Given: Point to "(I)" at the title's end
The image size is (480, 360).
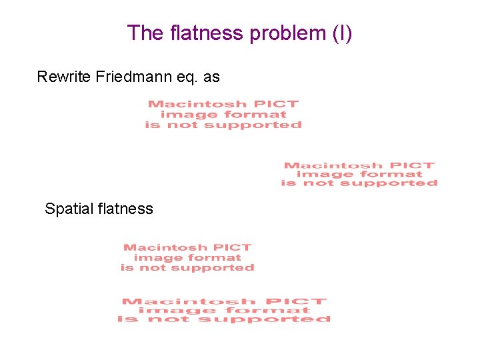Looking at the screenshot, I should pos(341,33).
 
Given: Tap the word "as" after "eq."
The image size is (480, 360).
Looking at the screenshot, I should pos(211,77).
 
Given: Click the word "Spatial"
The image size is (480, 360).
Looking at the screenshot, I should pos(68,209).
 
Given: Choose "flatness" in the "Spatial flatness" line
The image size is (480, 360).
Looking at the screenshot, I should pos(125,209).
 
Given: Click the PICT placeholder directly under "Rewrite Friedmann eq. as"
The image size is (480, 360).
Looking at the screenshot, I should pos(223,114).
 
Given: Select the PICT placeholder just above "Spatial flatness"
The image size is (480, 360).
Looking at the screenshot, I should pos(359,174).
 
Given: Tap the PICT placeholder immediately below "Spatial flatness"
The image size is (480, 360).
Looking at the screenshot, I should pos(187,257).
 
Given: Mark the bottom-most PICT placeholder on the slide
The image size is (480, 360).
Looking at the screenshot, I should pos(224,310).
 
